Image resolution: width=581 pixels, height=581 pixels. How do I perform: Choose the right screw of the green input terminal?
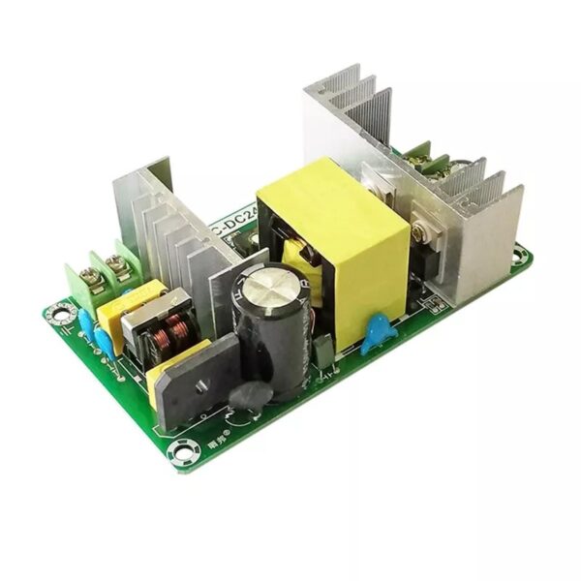click(119, 262)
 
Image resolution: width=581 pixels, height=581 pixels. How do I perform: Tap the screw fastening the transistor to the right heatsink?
click(419, 232)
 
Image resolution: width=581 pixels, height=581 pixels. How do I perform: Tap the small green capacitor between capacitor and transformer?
click(323, 351)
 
